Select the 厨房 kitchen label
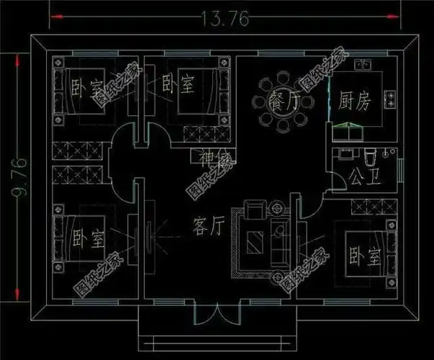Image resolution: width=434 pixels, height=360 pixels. [x=354, y=102]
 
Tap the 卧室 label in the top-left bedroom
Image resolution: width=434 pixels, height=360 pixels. [x=85, y=88]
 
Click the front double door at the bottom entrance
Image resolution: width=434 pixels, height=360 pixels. [x=215, y=315]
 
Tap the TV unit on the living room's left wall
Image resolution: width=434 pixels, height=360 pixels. [x=148, y=234]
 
